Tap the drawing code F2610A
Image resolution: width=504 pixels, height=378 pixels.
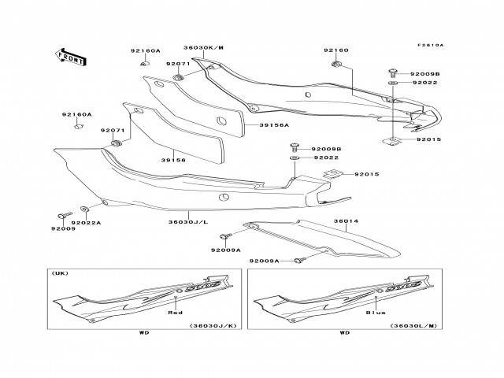[x=432, y=45]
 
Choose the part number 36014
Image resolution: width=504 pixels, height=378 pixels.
[x=345, y=221]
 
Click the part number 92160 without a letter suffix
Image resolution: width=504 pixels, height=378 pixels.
[x=335, y=50]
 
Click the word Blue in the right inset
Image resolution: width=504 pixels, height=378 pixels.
[x=376, y=313]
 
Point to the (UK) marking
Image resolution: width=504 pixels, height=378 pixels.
[x=58, y=272]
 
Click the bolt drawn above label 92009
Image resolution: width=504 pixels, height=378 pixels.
[x=63, y=215]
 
